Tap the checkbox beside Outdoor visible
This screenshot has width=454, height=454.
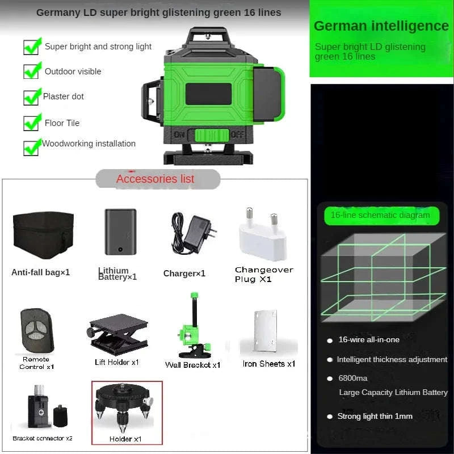[32, 71]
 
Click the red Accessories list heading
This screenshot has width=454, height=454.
[155, 179]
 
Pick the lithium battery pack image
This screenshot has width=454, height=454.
[120, 232]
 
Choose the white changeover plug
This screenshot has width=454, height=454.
[261, 233]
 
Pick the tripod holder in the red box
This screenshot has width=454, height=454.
[126, 408]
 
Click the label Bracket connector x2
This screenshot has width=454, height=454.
[43, 438]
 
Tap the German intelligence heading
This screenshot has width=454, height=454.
[381, 26]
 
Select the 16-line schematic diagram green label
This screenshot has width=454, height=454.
[380, 215]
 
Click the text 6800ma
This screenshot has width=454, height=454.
[353, 379]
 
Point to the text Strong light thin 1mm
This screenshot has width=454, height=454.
[375, 416]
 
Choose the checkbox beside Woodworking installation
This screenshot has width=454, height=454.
[32, 146]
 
